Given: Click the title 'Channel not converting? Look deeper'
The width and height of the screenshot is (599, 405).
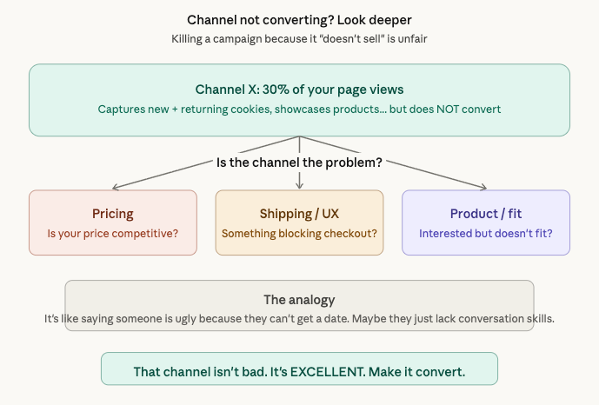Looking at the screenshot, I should tap(299, 19).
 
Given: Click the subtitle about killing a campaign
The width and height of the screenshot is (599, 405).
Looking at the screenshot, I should tap(299, 39).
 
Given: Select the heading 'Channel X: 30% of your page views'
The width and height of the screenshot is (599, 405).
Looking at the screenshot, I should tap(299, 90).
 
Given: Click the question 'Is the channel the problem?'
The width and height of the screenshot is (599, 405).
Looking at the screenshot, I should tap(299, 163).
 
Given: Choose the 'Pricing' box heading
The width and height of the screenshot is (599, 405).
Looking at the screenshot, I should tap(113, 214).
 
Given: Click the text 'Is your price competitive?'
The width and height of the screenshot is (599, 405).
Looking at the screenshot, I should tap(113, 233).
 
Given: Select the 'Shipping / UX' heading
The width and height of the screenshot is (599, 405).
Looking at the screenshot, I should tap(299, 214).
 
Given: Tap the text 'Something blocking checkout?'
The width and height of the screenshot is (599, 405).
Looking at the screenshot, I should tap(299, 233).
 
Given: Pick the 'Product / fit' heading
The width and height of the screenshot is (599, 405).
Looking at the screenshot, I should tap(485, 214).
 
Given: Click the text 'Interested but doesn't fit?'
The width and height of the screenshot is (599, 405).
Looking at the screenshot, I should tap(485, 233).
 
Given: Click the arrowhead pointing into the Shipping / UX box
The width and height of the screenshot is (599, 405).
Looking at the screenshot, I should tap(299, 186).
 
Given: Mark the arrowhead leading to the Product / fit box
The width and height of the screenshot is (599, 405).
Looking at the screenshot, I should tap(483, 187).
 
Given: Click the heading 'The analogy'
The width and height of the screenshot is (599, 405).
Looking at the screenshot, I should tap(299, 300).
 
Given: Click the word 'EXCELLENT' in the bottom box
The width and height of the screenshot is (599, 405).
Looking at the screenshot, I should tap(329, 372).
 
